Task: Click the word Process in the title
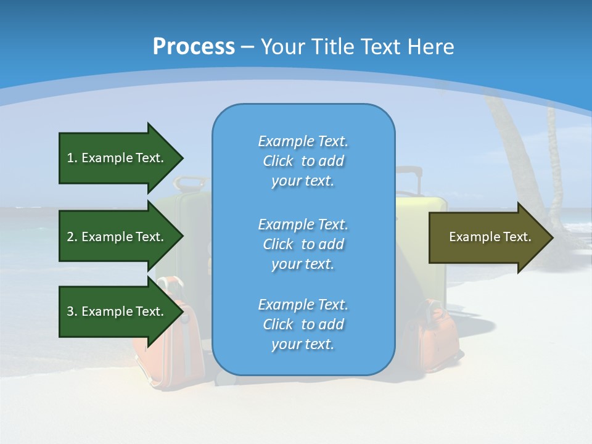(x=194, y=46)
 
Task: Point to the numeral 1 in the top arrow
(x=70, y=158)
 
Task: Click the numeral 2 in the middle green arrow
(x=70, y=237)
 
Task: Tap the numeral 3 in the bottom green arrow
(x=70, y=311)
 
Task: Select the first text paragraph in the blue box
(x=303, y=161)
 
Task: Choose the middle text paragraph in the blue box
(x=303, y=244)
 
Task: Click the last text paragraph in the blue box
(x=303, y=324)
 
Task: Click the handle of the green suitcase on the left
(x=189, y=182)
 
